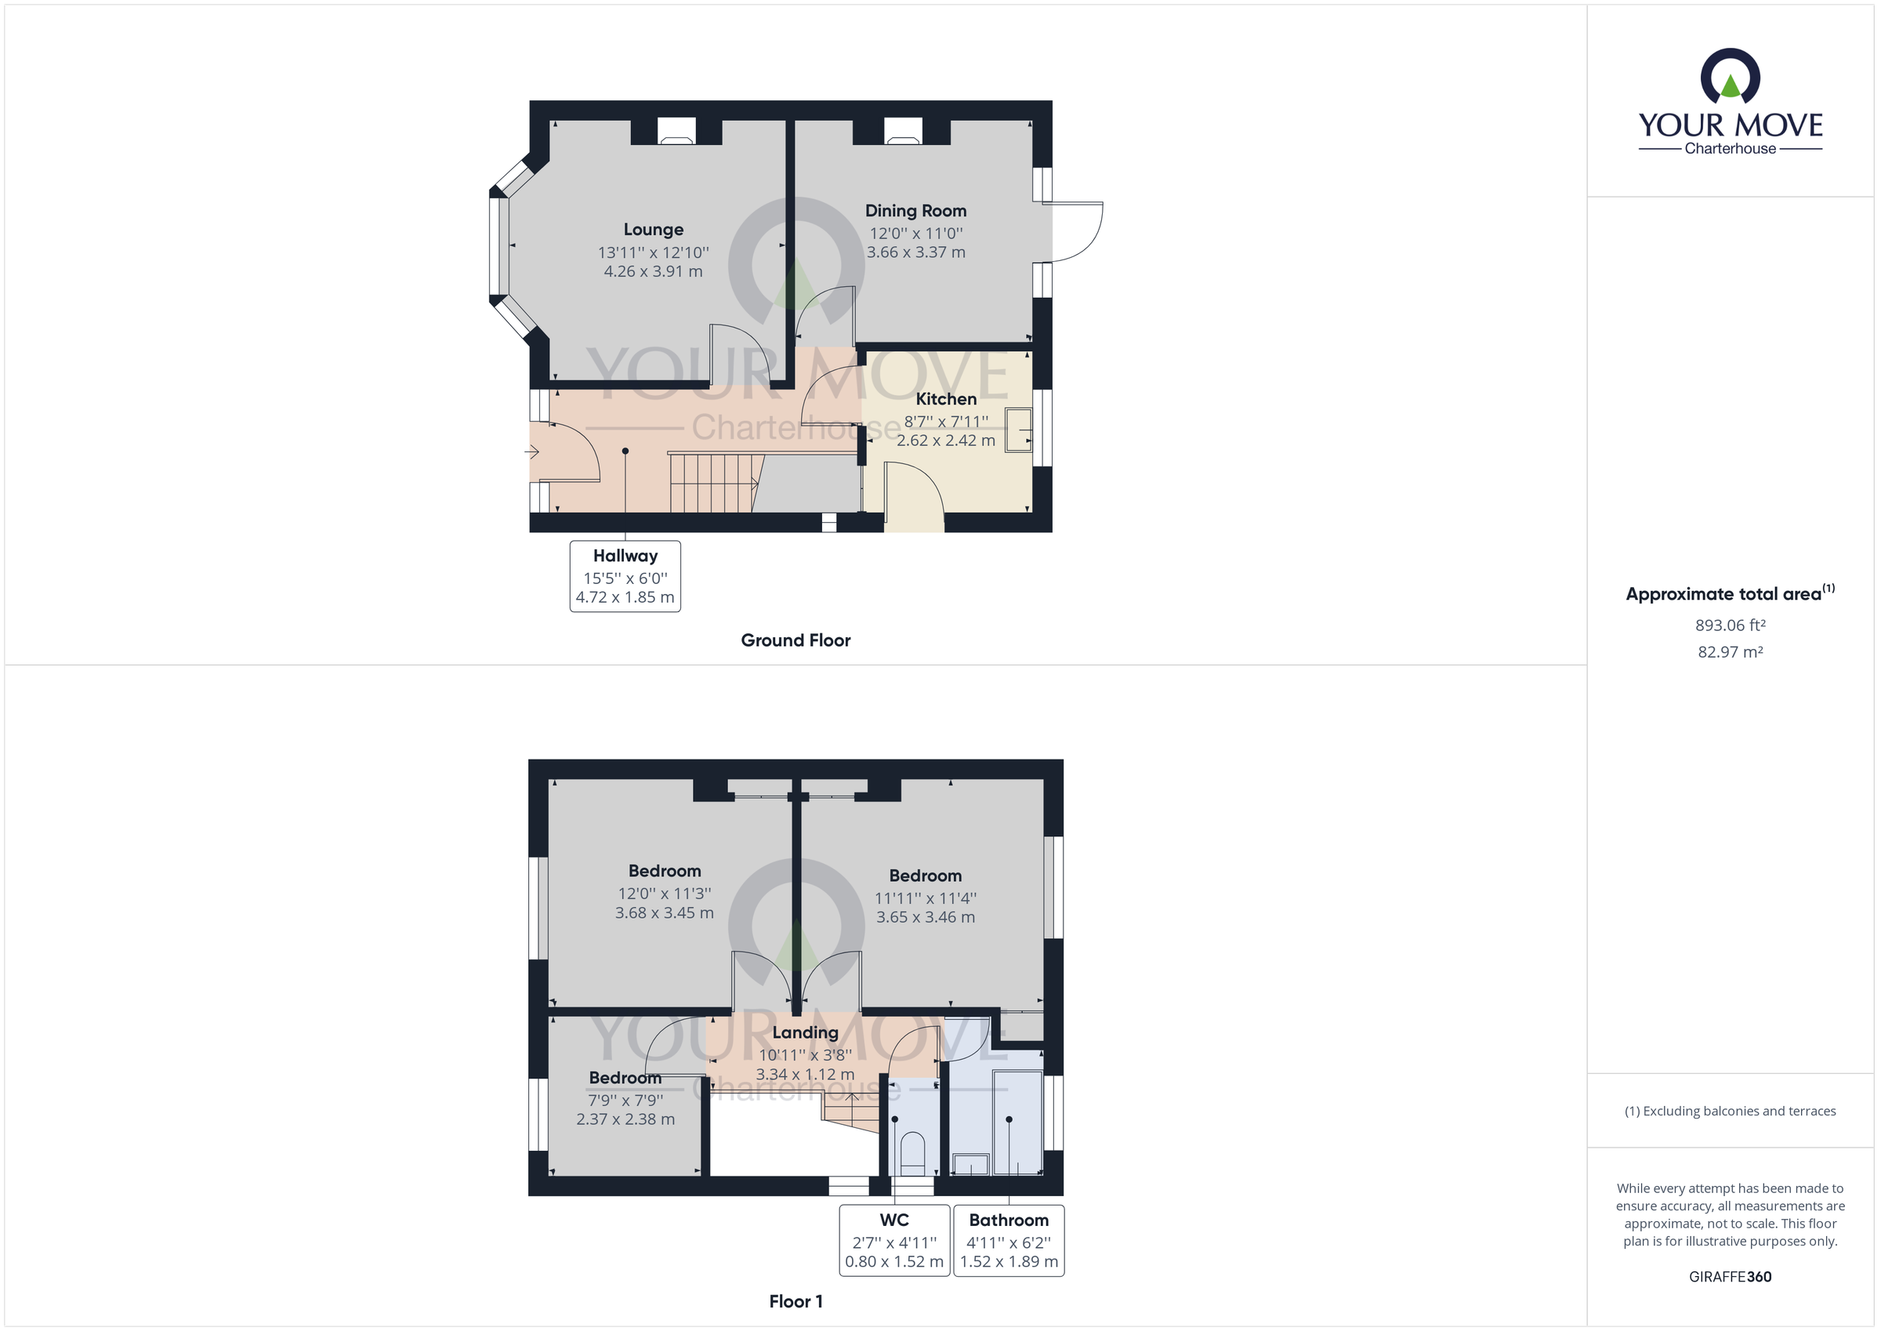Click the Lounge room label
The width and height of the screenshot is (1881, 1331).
[x=653, y=230]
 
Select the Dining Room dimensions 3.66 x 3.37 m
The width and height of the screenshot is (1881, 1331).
[x=916, y=252]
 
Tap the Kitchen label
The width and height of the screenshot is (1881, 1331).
[x=945, y=399]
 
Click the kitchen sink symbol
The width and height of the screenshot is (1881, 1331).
[x=1019, y=429]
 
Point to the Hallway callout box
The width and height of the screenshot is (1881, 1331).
[x=625, y=576]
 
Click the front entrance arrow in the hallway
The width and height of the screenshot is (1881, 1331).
[x=531, y=452]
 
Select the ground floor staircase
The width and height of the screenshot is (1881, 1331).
[x=712, y=483]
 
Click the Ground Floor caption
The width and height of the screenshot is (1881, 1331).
[x=795, y=640]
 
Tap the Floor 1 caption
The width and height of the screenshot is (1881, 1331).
[x=795, y=1301]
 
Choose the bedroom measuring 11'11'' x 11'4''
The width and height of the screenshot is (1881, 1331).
[x=925, y=898]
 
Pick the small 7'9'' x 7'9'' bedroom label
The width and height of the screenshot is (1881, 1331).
[x=625, y=1099]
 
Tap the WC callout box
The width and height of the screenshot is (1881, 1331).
[x=894, y=1240]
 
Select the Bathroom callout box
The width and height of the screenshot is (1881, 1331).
[x=1009, y=1240]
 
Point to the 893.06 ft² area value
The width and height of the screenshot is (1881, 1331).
[x=1730, y=626]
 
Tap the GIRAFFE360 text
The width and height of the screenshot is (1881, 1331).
[x=1730, y=1276]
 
